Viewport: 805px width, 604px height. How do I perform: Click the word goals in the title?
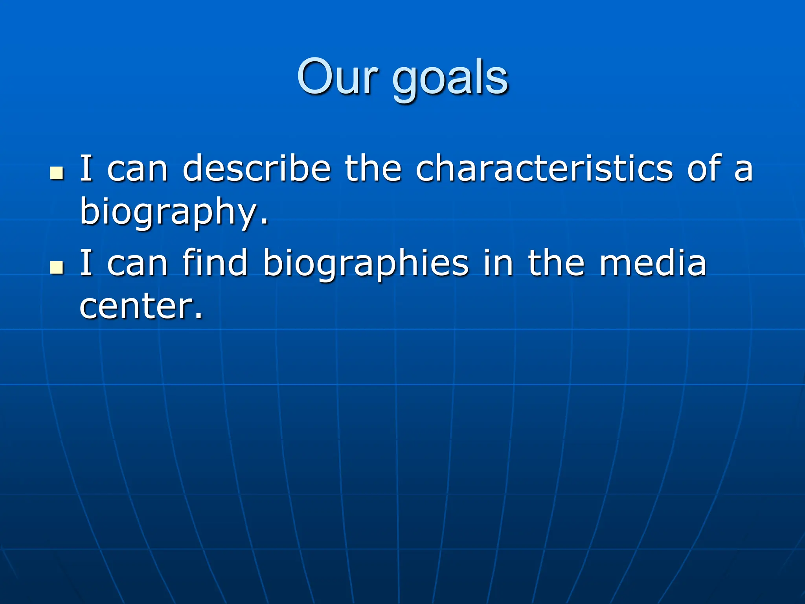(x=450, y=79)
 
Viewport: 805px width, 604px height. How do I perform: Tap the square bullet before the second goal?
(x=57, y=268)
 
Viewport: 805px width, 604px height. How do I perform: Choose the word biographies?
(x=366, y=264)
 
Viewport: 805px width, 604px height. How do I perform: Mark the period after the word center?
(x=199, y=316)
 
